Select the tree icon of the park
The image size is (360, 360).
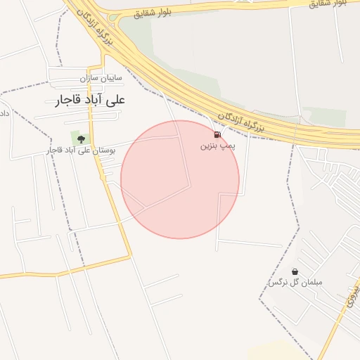coord(81,138)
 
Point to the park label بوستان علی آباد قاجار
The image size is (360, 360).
coord(89,150)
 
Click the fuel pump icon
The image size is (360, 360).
coord(217,134)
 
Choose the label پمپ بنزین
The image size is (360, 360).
coord(215,146)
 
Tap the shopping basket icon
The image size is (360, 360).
coord(295,271)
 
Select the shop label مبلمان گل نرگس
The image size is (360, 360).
coord(295,283)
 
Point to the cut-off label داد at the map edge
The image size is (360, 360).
coord(4,112)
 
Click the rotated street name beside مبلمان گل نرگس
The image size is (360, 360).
coord(349,302)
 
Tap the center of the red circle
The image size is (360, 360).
coord(180,179)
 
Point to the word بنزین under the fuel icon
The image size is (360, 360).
coord(207,146)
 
